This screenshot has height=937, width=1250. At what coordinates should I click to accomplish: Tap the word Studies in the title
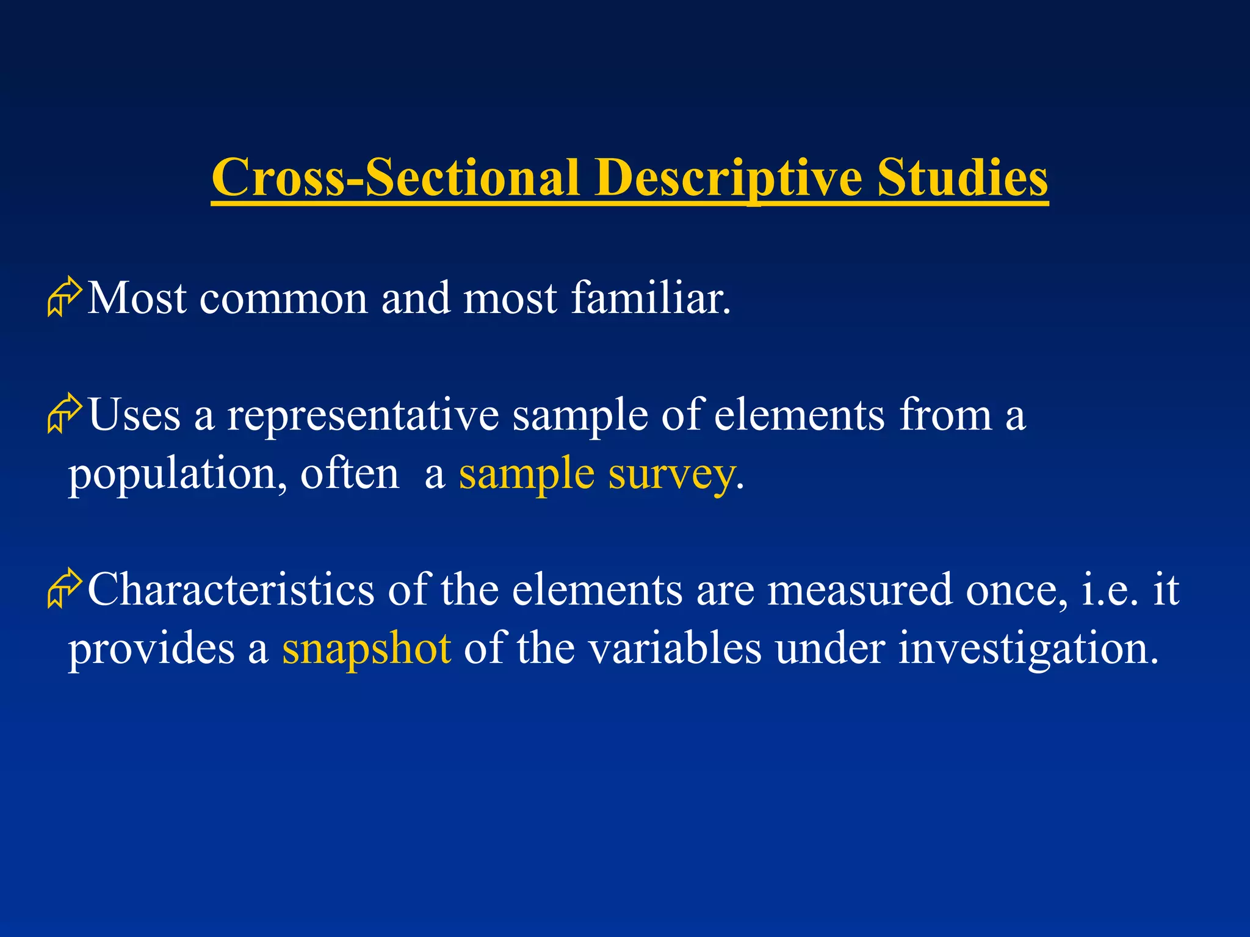coord(963,178)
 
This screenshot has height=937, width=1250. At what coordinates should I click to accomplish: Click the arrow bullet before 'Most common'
coord(64,297)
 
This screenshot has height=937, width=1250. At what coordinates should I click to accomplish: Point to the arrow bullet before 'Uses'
coord(64,414)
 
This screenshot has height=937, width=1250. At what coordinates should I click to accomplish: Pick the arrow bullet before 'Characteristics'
coord(64,589)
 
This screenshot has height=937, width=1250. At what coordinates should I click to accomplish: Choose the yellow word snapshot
coord(366,649)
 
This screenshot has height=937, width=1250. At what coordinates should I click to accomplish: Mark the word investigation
coord(1028,649)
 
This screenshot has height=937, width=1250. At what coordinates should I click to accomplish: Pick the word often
coord(349,473)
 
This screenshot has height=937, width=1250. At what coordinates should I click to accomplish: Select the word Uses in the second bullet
coord(135,415)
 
